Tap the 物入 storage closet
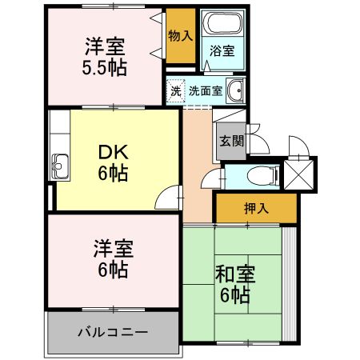179,36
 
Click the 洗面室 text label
206,90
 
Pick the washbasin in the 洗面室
235,90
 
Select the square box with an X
299,174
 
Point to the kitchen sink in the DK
59,168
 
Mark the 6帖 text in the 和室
234,295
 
